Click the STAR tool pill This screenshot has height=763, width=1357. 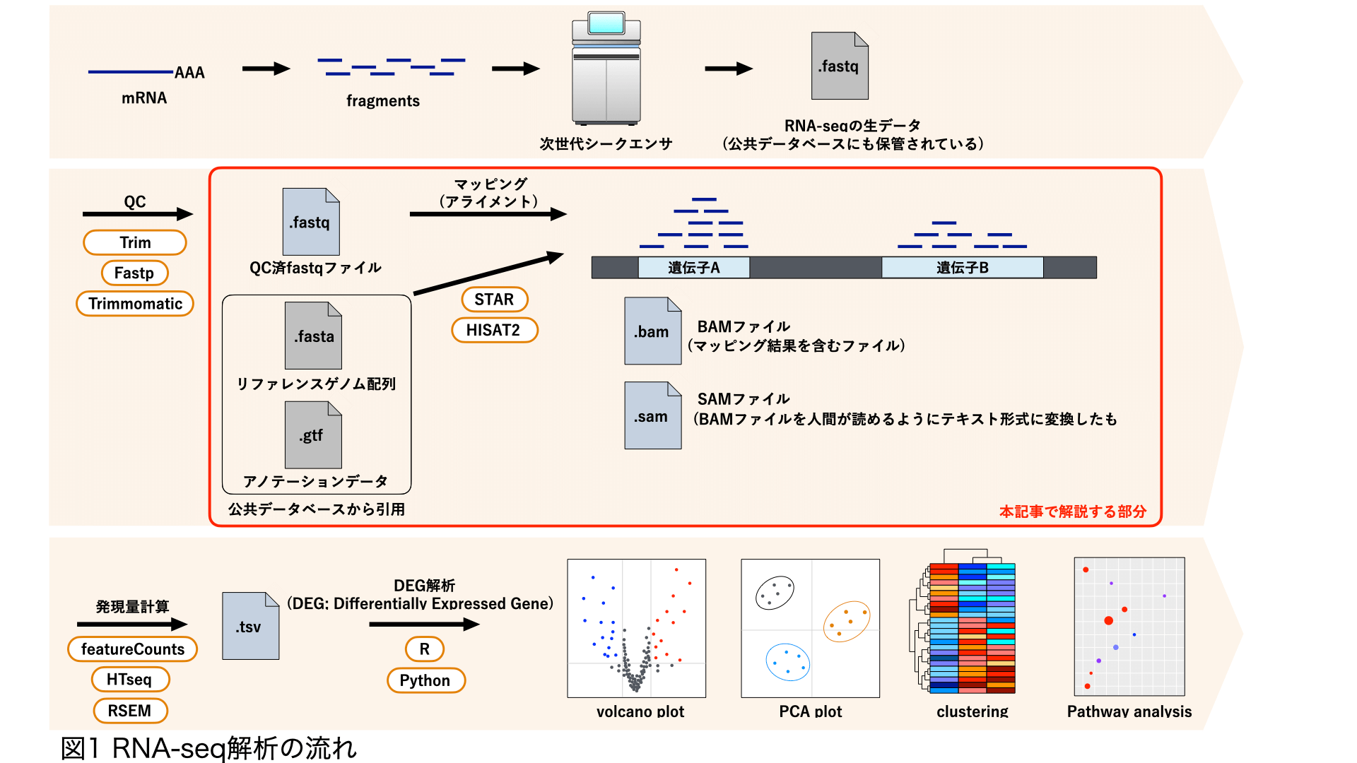tap(494, 300)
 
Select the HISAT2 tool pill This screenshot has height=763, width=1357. tap(494, 330)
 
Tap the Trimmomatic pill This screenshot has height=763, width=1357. tap(135, 304)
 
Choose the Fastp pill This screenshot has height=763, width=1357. tap(134, 273)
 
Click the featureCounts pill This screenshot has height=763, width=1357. tap(132, 649)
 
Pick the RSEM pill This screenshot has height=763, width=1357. tap(129, 710)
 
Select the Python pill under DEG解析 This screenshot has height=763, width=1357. tap(425, 680)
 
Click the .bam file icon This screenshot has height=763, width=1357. tap(652, 331)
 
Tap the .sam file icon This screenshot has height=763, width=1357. tap(652, 416)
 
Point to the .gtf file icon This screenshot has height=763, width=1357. tap(312, 435)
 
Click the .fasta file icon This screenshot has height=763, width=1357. tap(312, 336)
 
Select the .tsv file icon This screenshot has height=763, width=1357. tap(250, 627)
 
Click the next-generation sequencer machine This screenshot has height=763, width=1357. tap(606, 69)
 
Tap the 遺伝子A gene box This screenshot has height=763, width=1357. tap(693, 268)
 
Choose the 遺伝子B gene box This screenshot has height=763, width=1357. tap(962, 268)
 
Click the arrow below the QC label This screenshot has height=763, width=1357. tap(137, 213)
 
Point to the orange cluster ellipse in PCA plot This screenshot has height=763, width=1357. tap(846, 621)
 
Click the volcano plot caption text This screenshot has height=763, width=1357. tap(640, 711)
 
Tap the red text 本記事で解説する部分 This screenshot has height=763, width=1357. tap(1072, 511)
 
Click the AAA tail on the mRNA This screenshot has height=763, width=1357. tap(189, 73)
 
